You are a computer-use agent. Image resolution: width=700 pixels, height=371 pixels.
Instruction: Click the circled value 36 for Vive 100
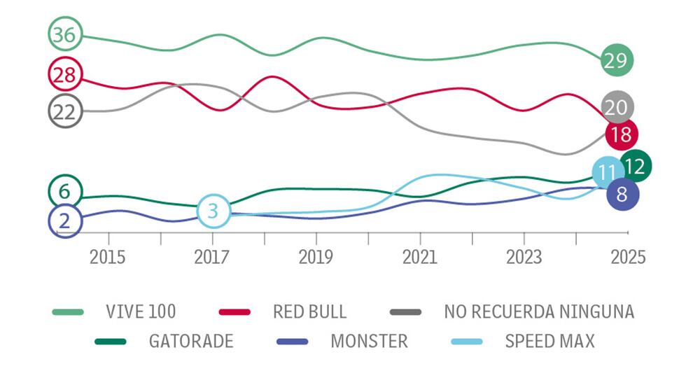[64, 34]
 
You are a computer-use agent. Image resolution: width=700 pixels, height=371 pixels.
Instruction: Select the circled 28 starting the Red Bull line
[65, 75]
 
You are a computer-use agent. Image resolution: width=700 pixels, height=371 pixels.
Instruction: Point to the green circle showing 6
[65, 190]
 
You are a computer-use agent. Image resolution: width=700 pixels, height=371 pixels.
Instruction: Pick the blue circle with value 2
[65, 221]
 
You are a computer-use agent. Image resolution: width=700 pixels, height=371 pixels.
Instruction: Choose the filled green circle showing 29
[617, 61]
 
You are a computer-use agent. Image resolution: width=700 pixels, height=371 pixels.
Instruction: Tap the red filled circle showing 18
[621, 134]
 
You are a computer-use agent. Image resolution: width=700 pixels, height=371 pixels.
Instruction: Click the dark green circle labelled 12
[636, 166]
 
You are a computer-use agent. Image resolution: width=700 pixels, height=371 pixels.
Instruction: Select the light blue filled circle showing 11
[608, 172]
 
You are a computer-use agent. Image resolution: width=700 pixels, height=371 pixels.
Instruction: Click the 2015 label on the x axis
[108, 256]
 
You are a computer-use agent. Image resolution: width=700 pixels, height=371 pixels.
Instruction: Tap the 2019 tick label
[316, 256]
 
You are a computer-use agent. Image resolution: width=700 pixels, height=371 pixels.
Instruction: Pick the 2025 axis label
[627, 256]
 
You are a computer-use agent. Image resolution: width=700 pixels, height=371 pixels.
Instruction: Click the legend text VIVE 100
[141, 311]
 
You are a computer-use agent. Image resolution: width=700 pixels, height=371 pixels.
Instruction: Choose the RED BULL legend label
[309, 311]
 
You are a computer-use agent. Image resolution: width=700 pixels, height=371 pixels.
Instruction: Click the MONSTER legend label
[368, 342]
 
